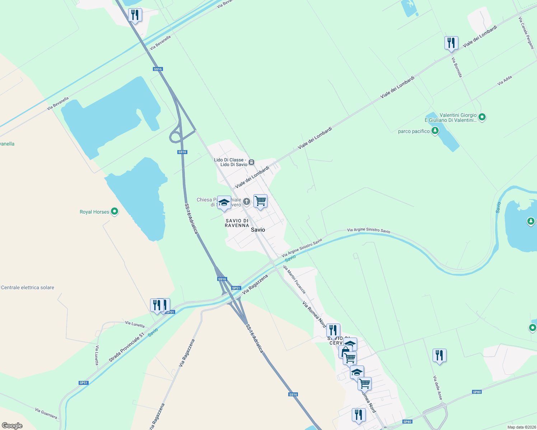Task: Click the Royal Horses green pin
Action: click(115, 211)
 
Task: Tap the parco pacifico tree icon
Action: click(435, 131)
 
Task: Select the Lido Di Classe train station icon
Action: click(252, 162)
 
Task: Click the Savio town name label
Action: click(258, 230)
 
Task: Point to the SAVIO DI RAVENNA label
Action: click(237, 223)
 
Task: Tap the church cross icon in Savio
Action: click(247, 201)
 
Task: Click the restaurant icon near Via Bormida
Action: click(451, 43)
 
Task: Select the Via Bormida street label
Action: click(457, 67)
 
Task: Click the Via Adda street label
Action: click(505, 81)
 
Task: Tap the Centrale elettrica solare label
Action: click(28, 287)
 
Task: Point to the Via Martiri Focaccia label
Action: click(294, 279)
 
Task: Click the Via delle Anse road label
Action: click(438, 388)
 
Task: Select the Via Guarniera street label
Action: click(46, 413)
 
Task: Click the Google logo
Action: click(12, 426)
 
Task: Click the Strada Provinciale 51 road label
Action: click(126, 347)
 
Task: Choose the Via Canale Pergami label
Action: click(526, 33)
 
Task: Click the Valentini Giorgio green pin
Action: click(482, 117)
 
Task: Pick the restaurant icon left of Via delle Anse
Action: click(439, 355)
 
